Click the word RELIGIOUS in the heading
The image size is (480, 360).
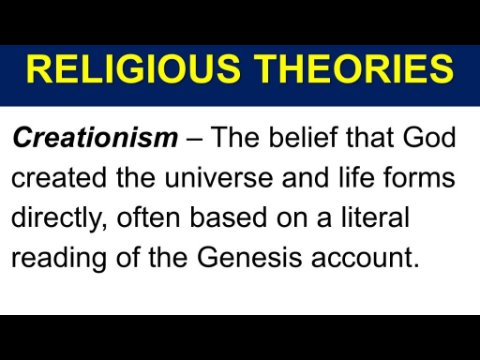(x=133, y=69)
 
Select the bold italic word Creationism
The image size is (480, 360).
(x=95, y=137)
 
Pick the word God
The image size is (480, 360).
(x=429, y=137)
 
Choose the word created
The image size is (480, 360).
(x=59, y=177)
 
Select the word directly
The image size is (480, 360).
(x=59, y=219)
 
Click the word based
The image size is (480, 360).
(x=229, y=217)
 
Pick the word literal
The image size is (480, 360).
(x=375, y=217)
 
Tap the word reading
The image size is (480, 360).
(x=59, y=259)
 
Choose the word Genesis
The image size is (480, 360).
(x=249, y=257)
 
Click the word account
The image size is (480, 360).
(x=365, y=258)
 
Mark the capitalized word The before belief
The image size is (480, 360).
(x=235, y=137)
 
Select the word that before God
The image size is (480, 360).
(x=370, y=137)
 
